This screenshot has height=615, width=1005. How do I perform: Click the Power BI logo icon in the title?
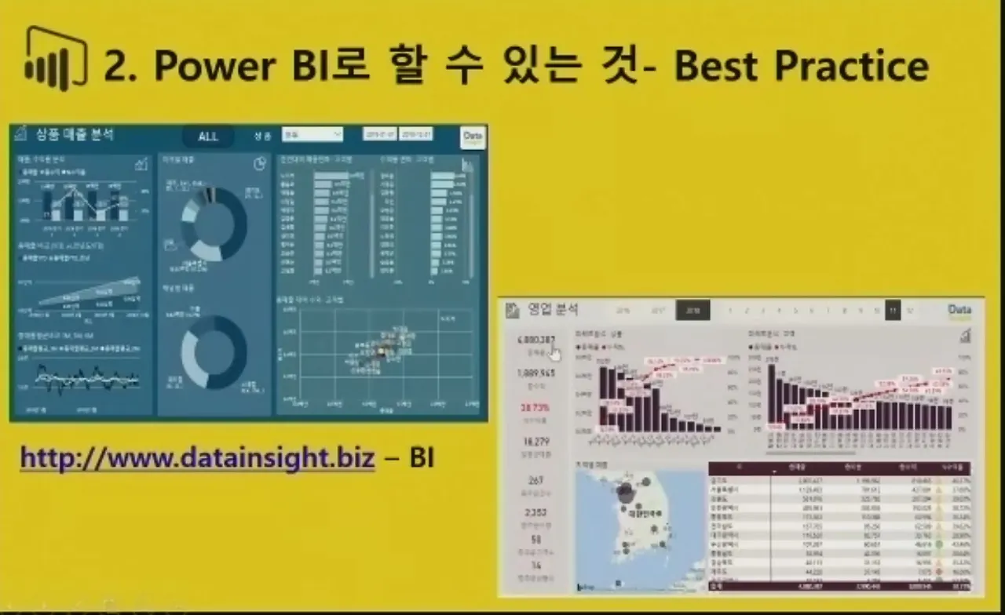click(55, 60)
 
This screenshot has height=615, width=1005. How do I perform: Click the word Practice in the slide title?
click(851, 67)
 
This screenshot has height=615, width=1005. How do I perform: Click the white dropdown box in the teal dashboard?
click(312, 135)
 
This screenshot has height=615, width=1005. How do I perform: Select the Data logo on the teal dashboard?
click(473, 136)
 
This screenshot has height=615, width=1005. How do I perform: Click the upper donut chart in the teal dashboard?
click(214, 225)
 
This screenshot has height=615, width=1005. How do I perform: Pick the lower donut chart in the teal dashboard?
click(214, 352)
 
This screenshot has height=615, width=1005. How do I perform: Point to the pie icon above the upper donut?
click(260, 164)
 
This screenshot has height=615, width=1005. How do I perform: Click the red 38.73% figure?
click(535, 408)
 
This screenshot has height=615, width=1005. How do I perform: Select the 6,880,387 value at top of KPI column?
click(536, 340)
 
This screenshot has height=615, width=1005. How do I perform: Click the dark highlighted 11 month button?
click(893, 311)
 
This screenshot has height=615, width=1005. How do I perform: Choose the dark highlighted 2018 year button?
click(693, 311)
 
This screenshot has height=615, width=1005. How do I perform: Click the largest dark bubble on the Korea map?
click(626, 493)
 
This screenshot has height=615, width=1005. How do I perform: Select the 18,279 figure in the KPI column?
click(535, 442)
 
